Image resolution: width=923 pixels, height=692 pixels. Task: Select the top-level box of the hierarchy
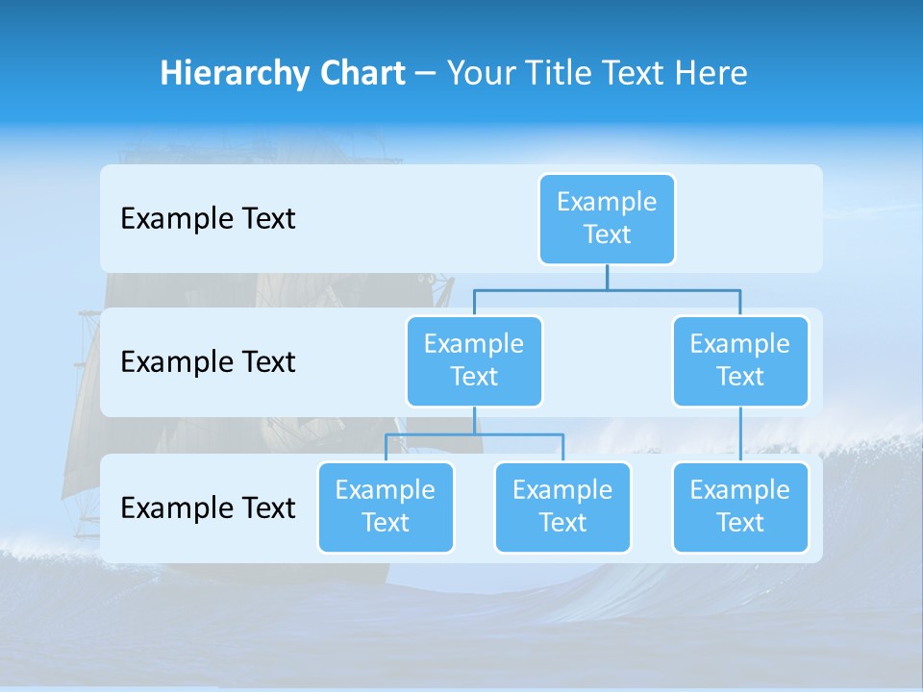click(x=607, y=218)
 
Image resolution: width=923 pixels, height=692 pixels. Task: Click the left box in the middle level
click(x=474, y=360)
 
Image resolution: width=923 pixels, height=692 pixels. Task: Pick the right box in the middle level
click(x=740, y=360)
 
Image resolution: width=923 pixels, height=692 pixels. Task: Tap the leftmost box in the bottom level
click(x=386, y=507)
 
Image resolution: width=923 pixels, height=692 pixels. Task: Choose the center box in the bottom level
click(x=562, y=507)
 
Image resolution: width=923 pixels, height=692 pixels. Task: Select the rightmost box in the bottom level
click(x=740, y=507)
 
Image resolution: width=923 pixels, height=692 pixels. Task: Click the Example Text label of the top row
click(x=208, y=219)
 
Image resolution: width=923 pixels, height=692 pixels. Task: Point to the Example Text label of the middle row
click(x=208, y=362)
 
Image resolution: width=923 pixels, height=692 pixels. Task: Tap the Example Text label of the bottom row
click(x=208, y=507)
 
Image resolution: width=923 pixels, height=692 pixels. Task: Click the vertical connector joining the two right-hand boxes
click(x=740, y=433)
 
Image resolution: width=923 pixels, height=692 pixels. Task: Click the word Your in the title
click(x=480, y=74)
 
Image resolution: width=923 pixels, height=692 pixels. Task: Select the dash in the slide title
click(x=426, y=74)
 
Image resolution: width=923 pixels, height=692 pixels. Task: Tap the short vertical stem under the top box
click(x=607, y=277)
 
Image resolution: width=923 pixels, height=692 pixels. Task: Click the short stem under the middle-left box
click(x=474, y=420)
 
